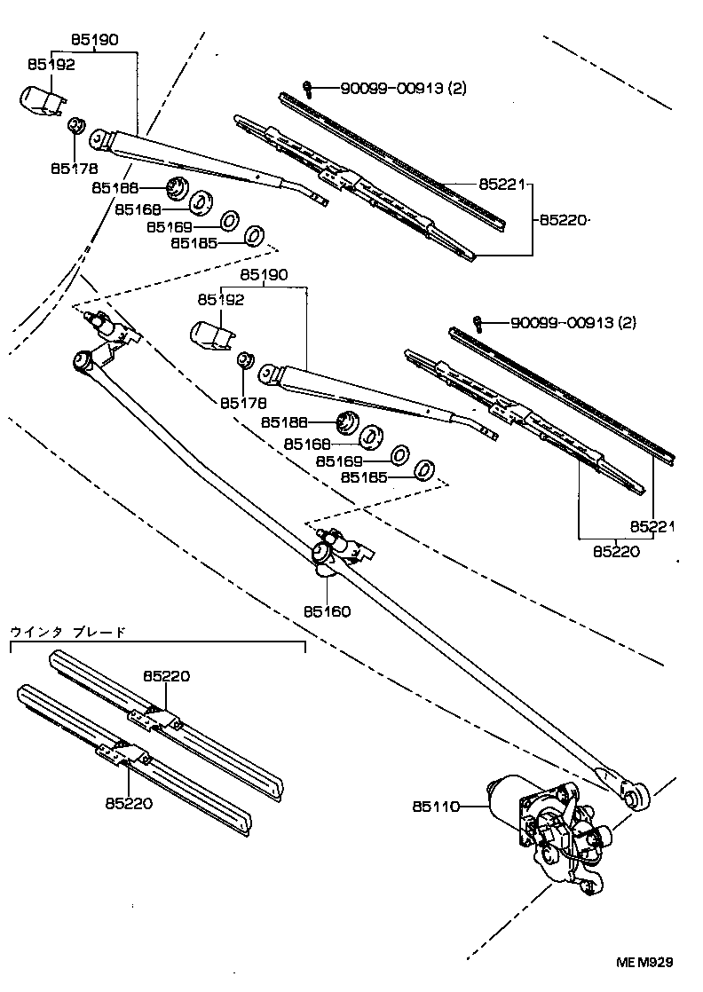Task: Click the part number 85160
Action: [x=327, y=611]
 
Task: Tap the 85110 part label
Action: [x=434, y=807]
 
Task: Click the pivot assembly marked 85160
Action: [x=337, y=549]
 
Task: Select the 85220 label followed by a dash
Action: [x=562, y=220]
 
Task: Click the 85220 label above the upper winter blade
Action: [x=167, y=676]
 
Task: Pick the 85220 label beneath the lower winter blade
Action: [x=129, y=803]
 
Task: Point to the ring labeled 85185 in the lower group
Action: [x=425, y=469]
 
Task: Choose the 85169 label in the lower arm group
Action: [x=340, y=461]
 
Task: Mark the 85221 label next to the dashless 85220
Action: [x=652, y=526]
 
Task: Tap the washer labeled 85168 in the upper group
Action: [x=199, y=201]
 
